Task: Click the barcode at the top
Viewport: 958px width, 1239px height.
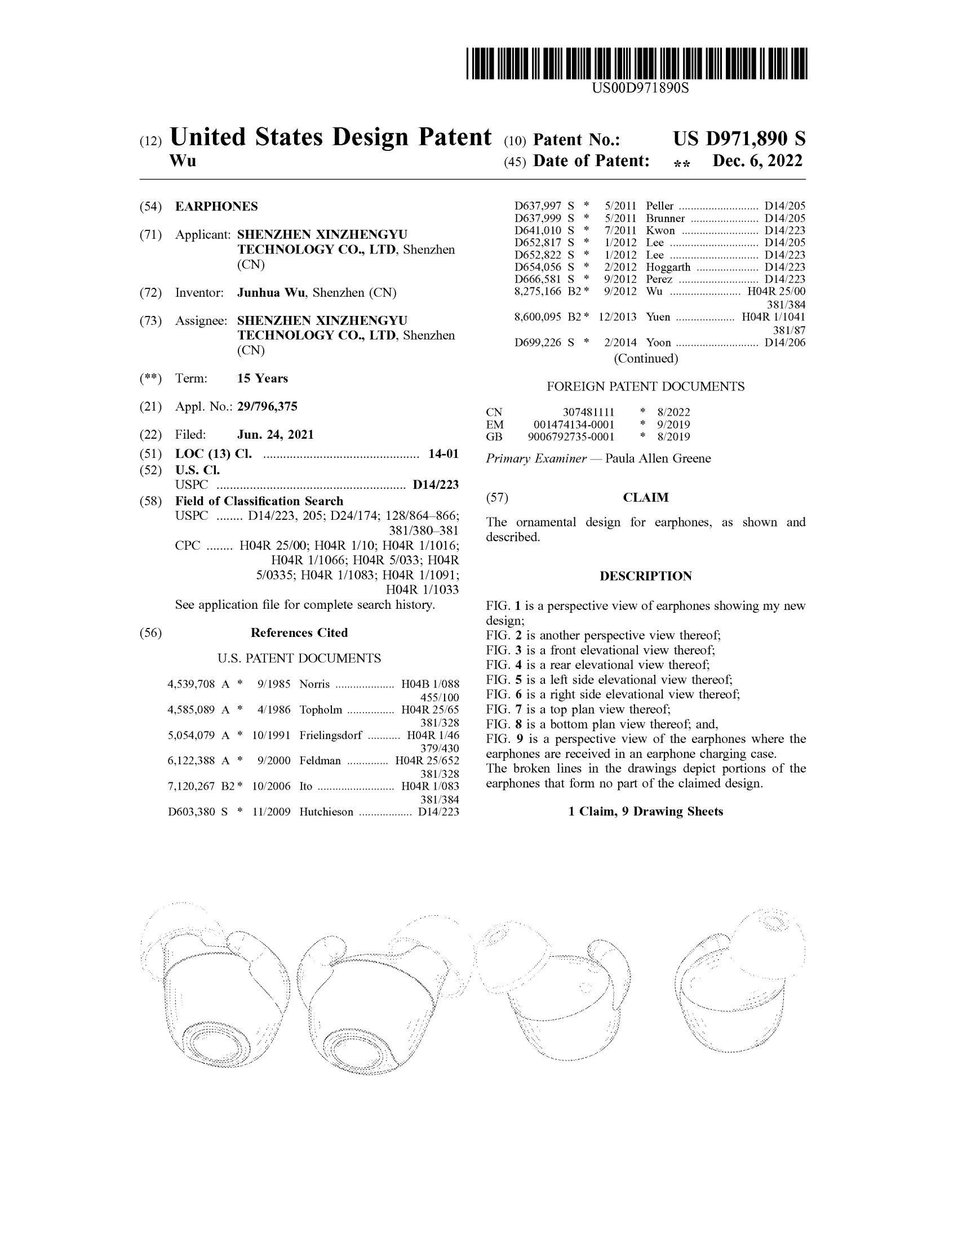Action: (636, 63)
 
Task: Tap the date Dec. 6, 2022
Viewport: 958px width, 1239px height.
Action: (757, 161)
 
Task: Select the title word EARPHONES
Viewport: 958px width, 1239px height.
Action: (216, 207)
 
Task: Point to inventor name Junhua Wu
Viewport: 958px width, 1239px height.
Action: (270, 293)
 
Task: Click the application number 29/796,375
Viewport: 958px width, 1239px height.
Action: (267, 406)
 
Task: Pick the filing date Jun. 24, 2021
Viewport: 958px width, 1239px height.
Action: (275, 435)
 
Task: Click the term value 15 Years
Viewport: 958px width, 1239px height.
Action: (262, 378)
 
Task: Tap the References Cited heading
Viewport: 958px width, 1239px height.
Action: (299, 632)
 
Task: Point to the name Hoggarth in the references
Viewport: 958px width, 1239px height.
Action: (668, 267)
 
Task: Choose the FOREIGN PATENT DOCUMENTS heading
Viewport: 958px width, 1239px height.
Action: (645, 386)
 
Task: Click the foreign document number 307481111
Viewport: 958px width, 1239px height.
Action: (588, 412)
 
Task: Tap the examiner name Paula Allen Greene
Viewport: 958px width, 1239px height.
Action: (658, 458)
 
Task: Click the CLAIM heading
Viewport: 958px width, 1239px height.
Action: (646, 497)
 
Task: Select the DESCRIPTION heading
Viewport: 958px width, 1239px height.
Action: (645, 576)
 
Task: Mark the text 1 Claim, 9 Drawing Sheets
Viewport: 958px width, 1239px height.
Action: (645, 811)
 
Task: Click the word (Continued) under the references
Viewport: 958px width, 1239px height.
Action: (646, 359)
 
